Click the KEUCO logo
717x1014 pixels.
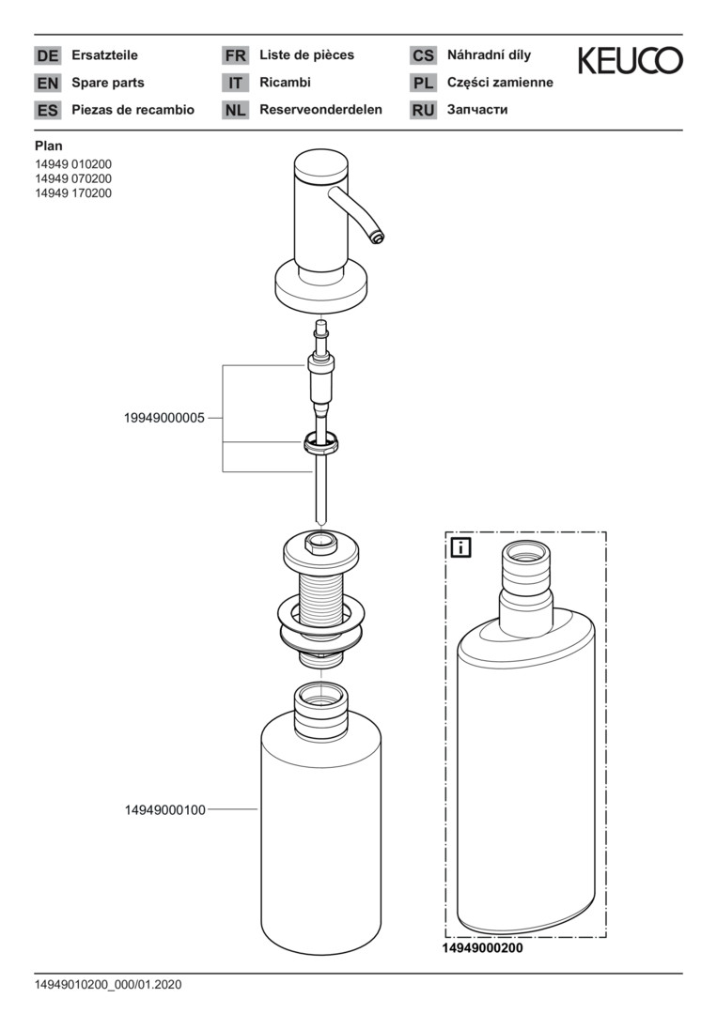630,60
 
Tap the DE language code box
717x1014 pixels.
47,55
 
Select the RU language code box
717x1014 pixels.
423,110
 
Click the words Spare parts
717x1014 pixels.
108,83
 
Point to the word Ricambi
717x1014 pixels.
285,82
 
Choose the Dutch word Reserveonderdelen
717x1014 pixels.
321,109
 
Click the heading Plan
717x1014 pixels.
49,146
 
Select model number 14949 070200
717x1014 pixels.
73,178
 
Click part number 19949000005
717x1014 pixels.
164,418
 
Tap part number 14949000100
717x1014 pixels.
165,809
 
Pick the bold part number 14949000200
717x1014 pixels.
482,948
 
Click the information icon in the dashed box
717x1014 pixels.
460,547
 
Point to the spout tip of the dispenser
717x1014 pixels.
377,238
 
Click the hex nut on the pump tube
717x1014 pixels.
321,442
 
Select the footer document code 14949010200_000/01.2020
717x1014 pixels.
108,985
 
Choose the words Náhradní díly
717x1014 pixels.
490,55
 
